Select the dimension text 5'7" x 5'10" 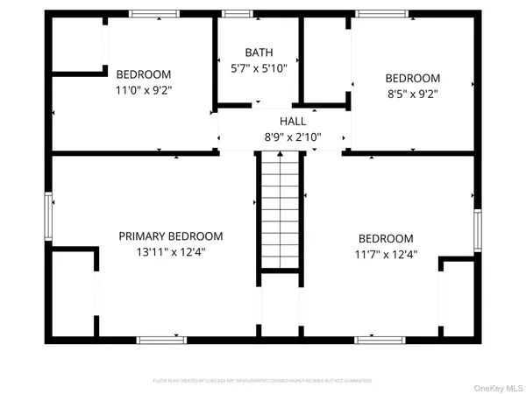point(259,67)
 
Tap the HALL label point(293,122)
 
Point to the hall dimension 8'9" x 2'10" point(293,137)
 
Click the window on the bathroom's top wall point(235,14)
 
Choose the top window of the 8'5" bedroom point(381,14)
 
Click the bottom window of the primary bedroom point(161,339)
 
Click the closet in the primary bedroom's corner point(71,294)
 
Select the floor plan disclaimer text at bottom point(263,380)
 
